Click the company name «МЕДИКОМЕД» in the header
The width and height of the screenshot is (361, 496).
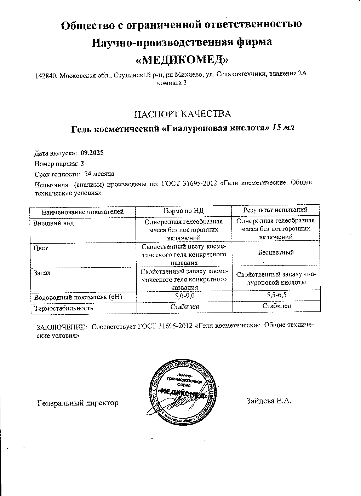point(182,59)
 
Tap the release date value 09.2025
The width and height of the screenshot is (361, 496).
point(92,153)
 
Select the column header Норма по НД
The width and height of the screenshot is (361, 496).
point(183,211)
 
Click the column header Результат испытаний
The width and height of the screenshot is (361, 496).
point(275,210)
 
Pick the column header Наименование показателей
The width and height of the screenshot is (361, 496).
point(82,212)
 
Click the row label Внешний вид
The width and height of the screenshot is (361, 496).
point(53,223)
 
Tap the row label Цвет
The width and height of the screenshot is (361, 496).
point(40,248)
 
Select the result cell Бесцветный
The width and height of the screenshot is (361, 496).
point(275,252)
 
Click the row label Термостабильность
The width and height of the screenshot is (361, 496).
point(63,308)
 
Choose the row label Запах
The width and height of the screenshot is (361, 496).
point(42,273)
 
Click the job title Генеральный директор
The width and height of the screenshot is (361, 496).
point(78,403)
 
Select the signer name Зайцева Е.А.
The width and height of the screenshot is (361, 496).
point(268,401)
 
